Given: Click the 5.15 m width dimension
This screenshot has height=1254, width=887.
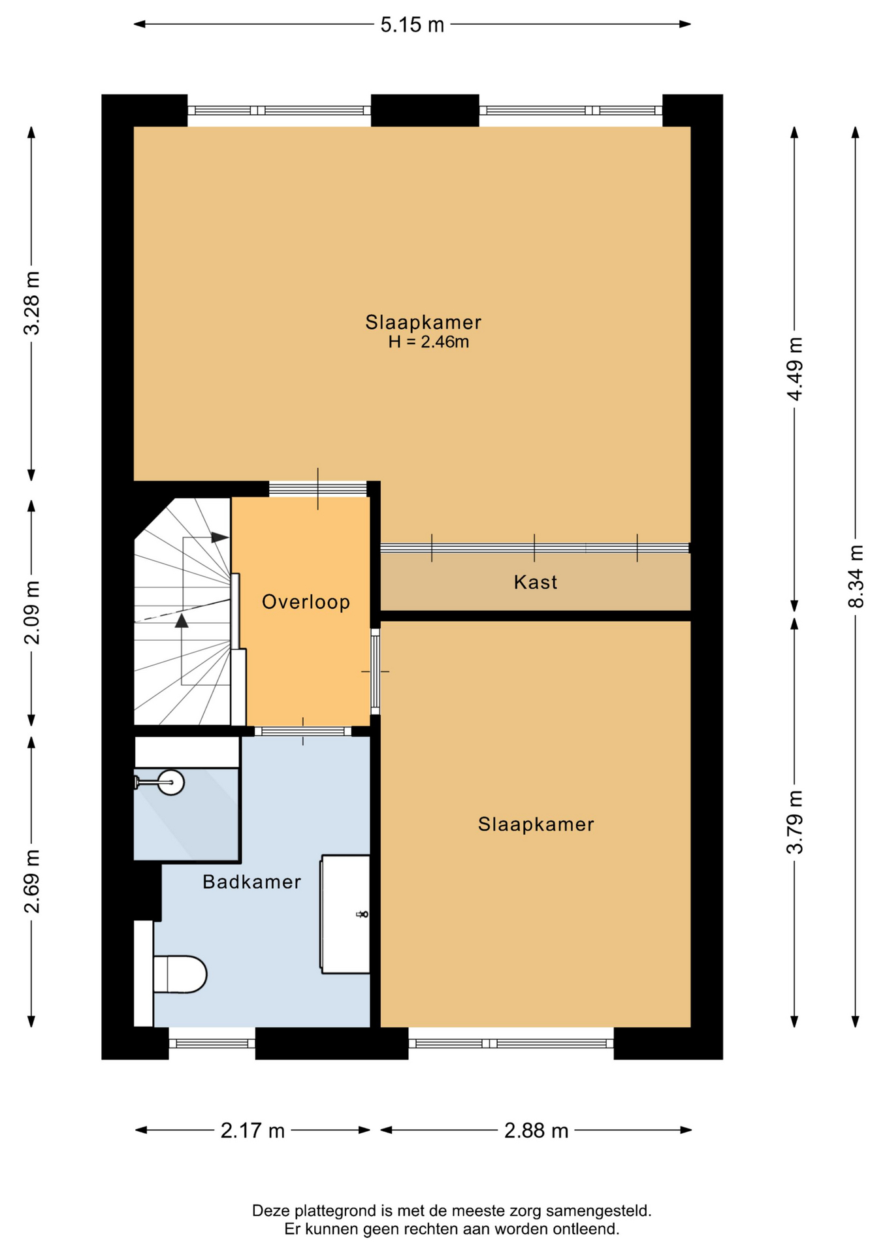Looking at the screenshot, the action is pos(412,25).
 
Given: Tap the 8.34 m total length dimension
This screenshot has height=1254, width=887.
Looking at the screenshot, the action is pos(855,576).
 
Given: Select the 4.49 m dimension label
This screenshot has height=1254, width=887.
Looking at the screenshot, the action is pos(794,369).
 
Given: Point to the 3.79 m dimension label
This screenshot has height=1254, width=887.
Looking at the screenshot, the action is pos(794,822).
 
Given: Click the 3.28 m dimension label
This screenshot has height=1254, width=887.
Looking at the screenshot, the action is pos(31,303).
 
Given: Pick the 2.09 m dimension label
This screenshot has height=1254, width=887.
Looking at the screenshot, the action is pos(31,612).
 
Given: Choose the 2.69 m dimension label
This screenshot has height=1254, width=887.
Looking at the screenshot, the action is pos(31,881).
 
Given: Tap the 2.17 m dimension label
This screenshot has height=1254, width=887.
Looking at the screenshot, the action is pos(252,1131).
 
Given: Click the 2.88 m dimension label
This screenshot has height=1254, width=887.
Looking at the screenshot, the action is pos(536,1131).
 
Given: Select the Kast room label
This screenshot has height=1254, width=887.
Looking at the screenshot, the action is pos(536,582).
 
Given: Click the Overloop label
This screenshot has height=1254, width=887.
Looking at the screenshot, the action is pos(306,602).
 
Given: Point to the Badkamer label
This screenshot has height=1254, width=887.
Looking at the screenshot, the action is pos(251,882).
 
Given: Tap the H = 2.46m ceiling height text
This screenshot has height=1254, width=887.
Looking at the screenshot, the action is pos(428,342).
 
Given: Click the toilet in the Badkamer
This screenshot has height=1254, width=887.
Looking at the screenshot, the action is pos(179,974).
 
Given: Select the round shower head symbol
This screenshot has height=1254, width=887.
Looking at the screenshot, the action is pos(171,782).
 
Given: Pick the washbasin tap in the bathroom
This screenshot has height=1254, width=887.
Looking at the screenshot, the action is pos(362,914).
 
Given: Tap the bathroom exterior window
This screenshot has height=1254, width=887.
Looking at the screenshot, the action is pos(212,1043).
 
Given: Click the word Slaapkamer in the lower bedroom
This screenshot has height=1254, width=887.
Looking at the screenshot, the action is pos(536,824).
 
